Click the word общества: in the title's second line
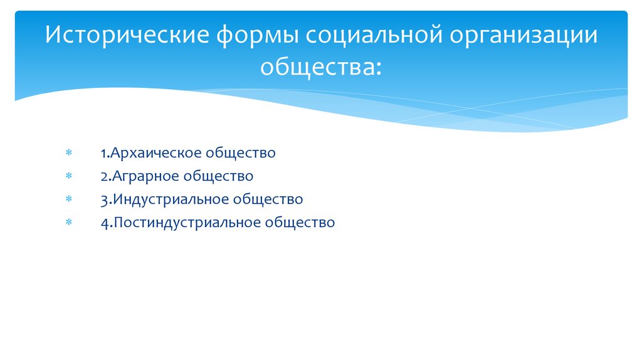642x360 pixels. click(320, 65)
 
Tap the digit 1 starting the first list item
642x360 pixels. click(102, 153)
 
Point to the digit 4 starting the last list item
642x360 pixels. click(103, 223)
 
